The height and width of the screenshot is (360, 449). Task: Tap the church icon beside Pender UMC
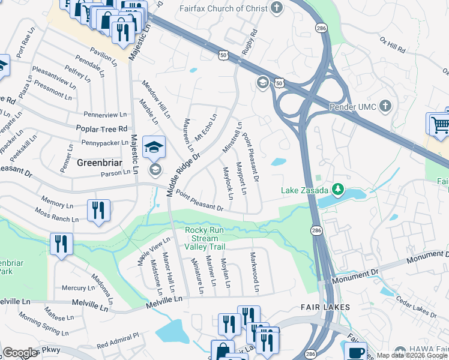point(385,106)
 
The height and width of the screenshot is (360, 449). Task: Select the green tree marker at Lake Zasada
point(338,190)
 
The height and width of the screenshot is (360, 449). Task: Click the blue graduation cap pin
point(154,146)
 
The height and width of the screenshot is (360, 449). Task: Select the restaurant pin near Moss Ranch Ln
point(98,211)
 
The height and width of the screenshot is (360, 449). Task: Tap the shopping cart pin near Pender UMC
point(439,124)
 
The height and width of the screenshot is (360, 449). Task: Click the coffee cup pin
point(355,351)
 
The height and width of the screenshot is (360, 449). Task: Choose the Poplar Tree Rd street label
point(101,128)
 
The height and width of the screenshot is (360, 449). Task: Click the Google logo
point(20,353)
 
